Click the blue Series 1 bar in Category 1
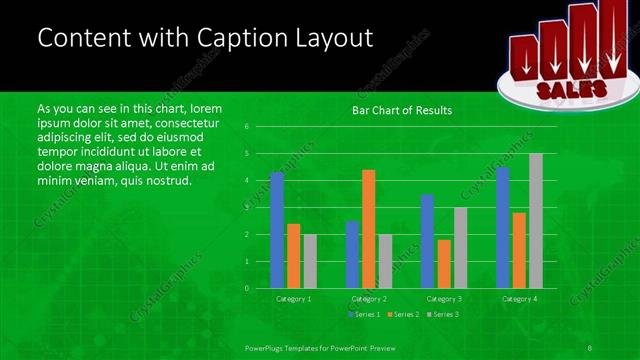pyautogui.click(x=277, y=230)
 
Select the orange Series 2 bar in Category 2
pyautogui.click(x=368, y=229)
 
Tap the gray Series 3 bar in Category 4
pyautogui.click(x=535, y=221)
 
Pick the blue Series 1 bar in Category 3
pyautogui.click(x=427, y=241)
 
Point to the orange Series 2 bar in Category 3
pyautogui.click(x=443, y=264)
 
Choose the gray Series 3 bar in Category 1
pyautogui.click(x=309, y=261)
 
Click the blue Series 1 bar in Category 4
pyautogui.click(x=502, y=227)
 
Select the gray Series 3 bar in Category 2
pyautogui.click(x=385, y=261)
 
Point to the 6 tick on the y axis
pyautogui.click(x=246, y=127)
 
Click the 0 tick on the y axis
pyautogui.click(x=246, y=288)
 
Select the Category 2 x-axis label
pyautogui.click(x=368, y=299)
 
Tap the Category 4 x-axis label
pyautogui.click(x=518, y=299)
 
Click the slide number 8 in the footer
pyautogui.click(x=590, y=346)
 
